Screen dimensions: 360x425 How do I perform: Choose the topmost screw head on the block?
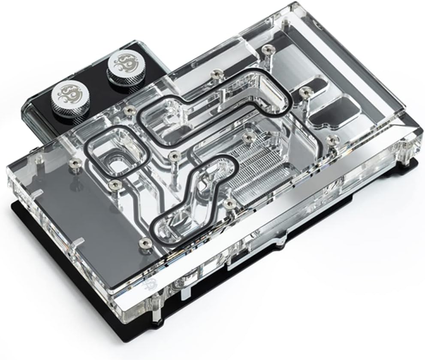click(268, 48)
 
